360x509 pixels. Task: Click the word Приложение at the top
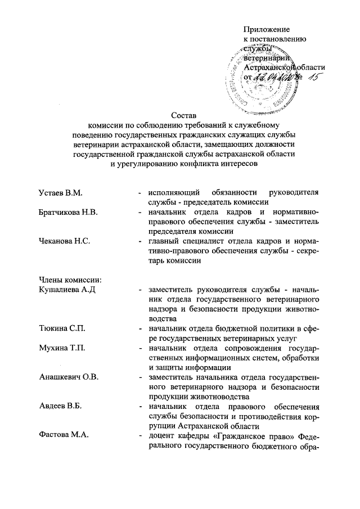point(266,29)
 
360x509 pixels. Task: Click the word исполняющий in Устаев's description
point(172,193)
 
